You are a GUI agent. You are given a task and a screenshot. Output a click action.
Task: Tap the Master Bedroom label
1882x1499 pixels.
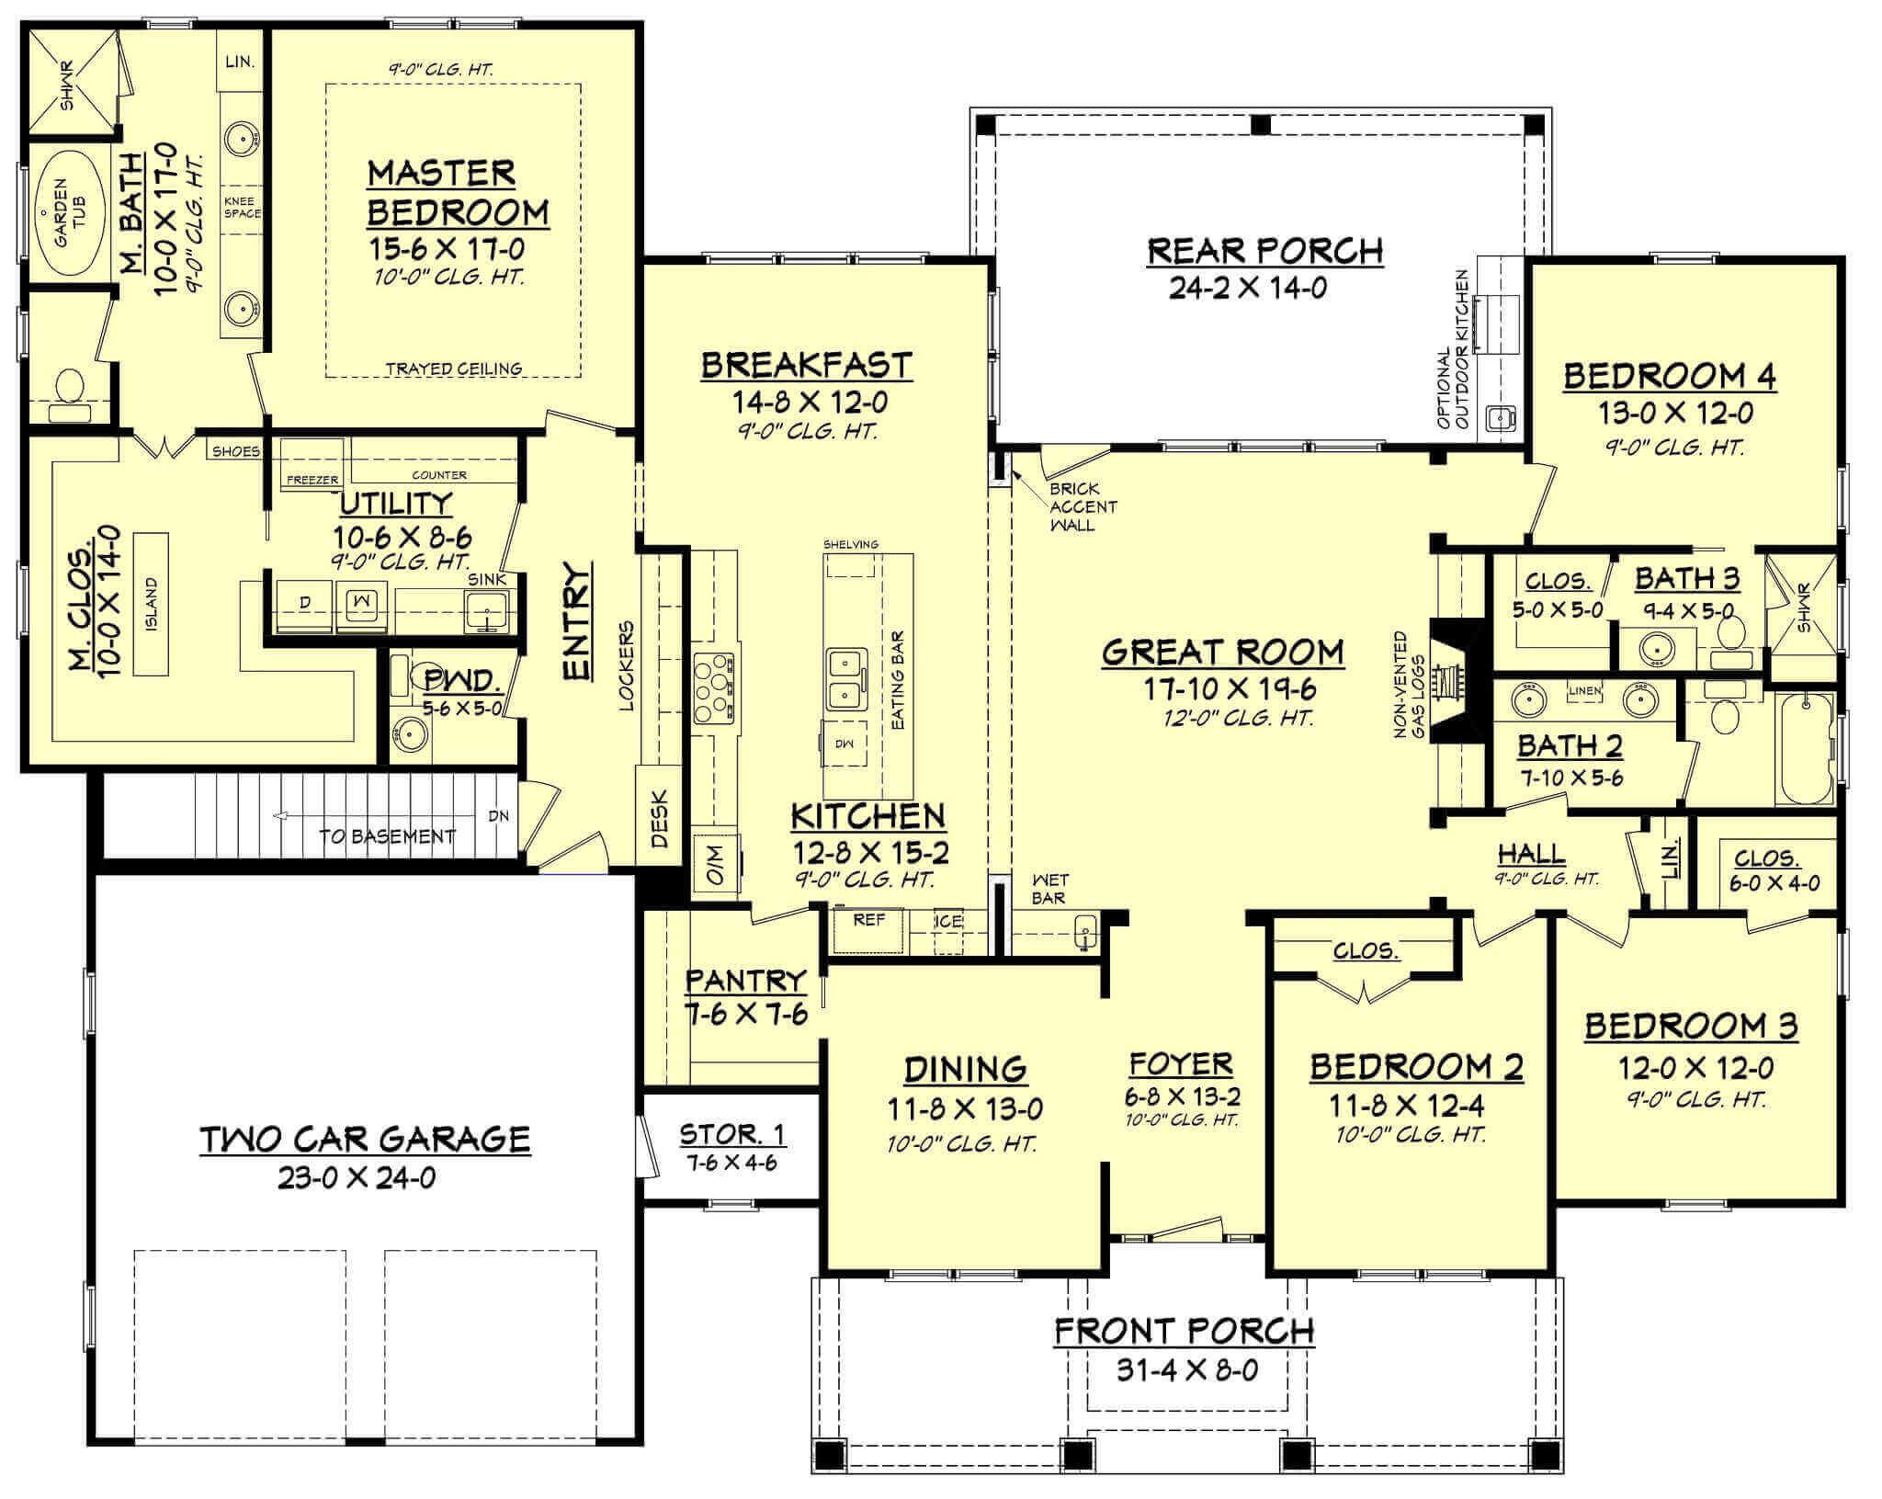pyautogui.click(x=457, y=193)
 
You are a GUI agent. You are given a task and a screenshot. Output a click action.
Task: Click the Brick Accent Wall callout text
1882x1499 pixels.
pyautogui.click(x=1082, y=506)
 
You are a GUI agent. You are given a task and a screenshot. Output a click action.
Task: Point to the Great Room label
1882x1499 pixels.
pyautogui.click(x=1222, y=653)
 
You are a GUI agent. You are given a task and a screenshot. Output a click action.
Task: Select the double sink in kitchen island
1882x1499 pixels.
pyautogui.click(x=846, y=679)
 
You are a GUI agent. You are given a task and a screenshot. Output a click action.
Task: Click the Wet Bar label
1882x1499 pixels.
pyautogui.click(x=1049, y=889)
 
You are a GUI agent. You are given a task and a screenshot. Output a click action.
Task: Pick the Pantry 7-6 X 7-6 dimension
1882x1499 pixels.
pyautogui.click(x=745, y=1016)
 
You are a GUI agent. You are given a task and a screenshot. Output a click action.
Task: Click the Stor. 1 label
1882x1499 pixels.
pyautogui.click(x=732, y=1134)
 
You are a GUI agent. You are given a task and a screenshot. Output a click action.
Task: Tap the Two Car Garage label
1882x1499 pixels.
pyautogui.click(x=365, y=1140)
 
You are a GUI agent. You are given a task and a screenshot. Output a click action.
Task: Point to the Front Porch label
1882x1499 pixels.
pyautogui.click(x=1184, y=1330)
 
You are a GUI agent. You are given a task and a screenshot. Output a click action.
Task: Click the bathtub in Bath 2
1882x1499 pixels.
pyautogui.click(x=1804, y=749)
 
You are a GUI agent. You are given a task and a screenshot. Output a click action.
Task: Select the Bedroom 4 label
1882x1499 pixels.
pyautogui.click(x=1670, y=377)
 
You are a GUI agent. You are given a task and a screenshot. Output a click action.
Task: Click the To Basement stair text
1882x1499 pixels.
pyautogui.click(x=387, y=836)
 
